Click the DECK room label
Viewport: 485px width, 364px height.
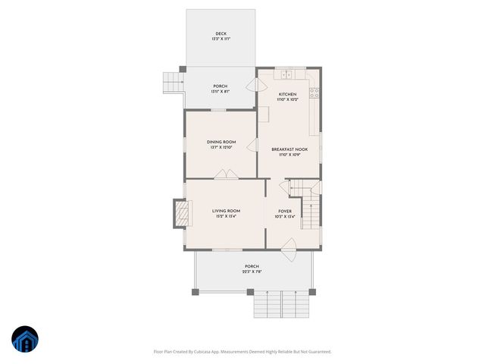pos(221,34)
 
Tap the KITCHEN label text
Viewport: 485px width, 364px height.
pos(288,94)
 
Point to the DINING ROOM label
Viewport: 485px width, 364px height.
pos(221,142)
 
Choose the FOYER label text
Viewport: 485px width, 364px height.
pos(284,212)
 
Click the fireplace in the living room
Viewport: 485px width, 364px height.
pos(180,213)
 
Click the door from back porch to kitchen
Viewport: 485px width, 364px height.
pos(254,86)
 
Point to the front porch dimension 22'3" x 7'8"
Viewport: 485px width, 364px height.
pos(252,272)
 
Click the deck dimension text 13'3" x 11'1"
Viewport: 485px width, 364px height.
pos(221,39)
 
